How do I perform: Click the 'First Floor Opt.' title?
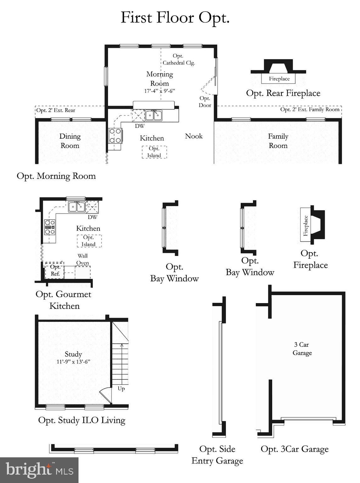175,18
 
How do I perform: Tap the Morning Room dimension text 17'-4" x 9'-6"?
159,91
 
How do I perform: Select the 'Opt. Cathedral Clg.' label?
178,59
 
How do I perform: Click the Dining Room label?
70,141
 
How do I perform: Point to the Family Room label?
278,141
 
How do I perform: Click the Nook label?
194,136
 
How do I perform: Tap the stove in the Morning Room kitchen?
115,136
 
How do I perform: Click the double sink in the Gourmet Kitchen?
76,207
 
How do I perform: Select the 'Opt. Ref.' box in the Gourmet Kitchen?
55,270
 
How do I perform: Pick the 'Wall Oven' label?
83,259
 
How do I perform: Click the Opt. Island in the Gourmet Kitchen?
89,241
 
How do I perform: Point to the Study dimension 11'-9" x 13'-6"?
73,362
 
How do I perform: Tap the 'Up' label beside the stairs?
121,389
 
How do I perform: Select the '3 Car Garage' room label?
302,349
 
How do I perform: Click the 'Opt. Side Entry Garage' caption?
217,455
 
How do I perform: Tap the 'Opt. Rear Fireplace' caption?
283,93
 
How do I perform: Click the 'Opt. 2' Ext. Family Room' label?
310,109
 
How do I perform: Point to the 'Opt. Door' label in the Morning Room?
205,102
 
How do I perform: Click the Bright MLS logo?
39,470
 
